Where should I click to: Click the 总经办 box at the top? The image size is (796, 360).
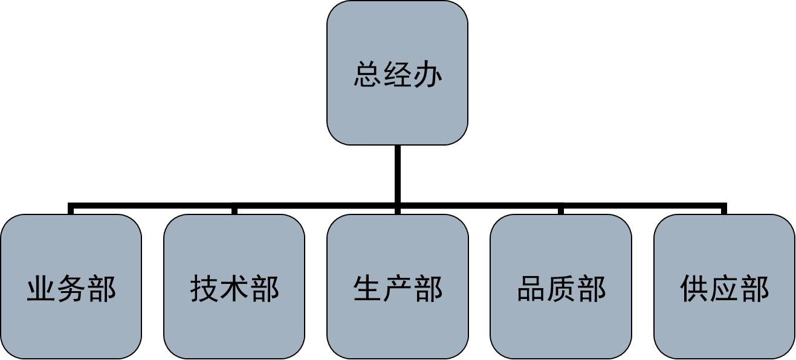pyautogui.click(x=397, y=72)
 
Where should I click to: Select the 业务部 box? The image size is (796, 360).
pyautogui.click(x=71, y=286)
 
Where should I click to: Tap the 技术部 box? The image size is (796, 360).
pyautogui.click(x=234, y=286)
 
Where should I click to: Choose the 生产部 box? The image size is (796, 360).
pyautogui.click(x=398, y=286)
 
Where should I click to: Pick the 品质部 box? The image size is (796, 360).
pyautogui.click(x=561, y=286)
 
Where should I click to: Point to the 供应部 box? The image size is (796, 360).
pyautogui.click(x=724, y=286)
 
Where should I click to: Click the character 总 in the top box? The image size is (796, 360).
pyautogui.click(x=368, y=74)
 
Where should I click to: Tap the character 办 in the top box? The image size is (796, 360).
pyautogui.click(x=428, y=74)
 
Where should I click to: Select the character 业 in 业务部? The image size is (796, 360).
pyautogui.click(x=42, y=288)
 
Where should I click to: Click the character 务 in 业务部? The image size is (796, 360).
pyautogui.click(x=71, y=288)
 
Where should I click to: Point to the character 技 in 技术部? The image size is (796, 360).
pyautogui.click(x=205, y=288)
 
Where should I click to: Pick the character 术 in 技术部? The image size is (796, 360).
pyautogui.click(x=235, y=288)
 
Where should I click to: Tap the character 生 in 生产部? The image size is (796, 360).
pyautogui.click(x=368, y=288)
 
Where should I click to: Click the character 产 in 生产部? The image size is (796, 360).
pyautogui.click(x=398, y=288)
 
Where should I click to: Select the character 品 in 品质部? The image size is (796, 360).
pyautogui.click(x=531, y=288)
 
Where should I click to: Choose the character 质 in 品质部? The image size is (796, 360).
pyautogui.click(x=561, y=288)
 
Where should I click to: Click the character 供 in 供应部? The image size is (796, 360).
pyautogui.click(x=694, y=288)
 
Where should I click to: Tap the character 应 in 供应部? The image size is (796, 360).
pyautogui.click(x=725, y=288)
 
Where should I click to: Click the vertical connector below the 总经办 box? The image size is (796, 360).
pyautogui.click(x=398, y=174)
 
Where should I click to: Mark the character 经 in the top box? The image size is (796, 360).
pyautogui.click(x=398, y=74)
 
